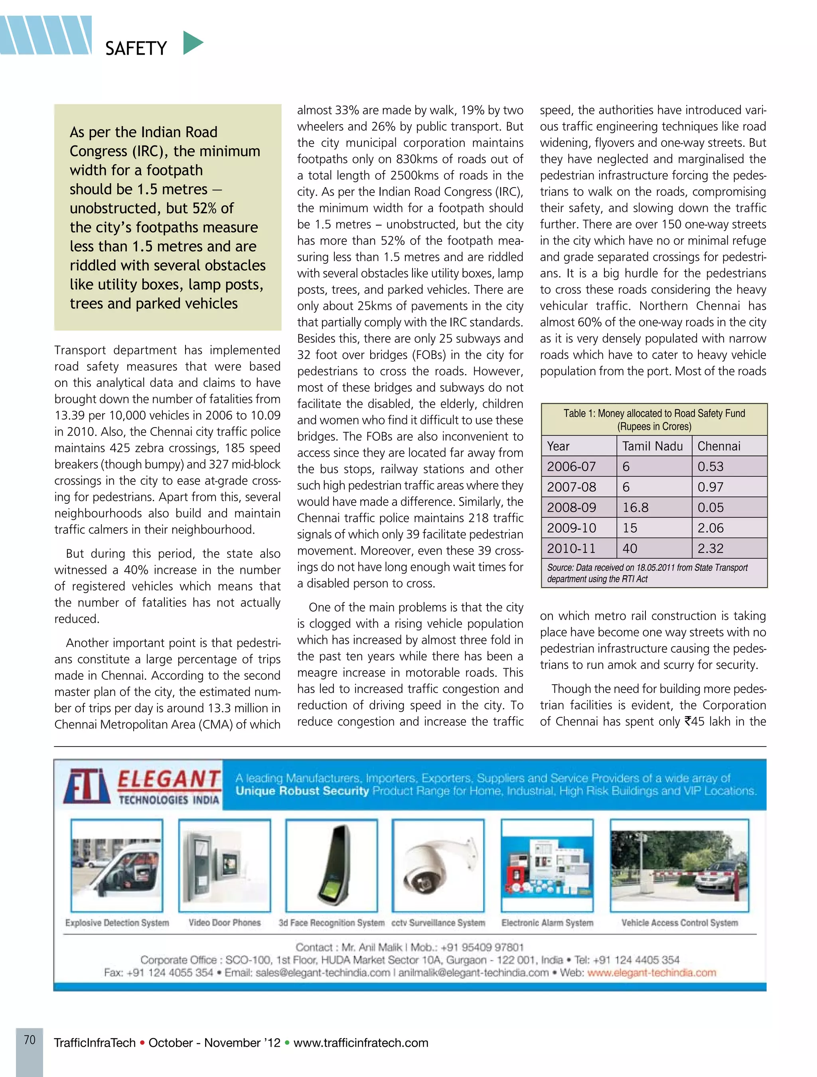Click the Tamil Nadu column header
pyautogui.click(x=653, y=446)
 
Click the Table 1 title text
pyautogui.click(x=654, y=420)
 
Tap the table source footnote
pyautogui.click(x=647, y=573)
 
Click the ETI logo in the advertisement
pyautogui.click(x=87, y=786)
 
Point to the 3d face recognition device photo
pyautogui.click(x=332, y=866)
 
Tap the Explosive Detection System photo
pyautogui.click(x=116, y=866)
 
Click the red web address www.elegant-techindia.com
pyautogui.click(x=651, y=973)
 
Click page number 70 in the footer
pyautogui.click(x=30, y=1040)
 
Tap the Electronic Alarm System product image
pyautogui.click(x=547, y=866)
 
